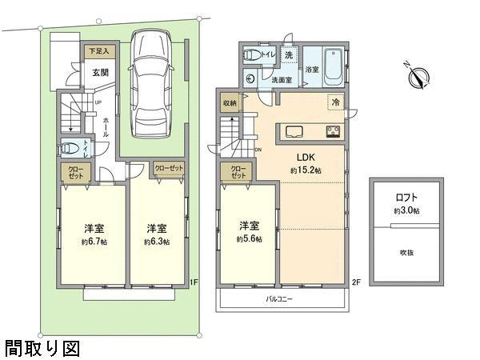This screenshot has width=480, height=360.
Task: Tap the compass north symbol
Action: [418, 77]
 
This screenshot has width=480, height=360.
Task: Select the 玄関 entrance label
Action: [100, 72]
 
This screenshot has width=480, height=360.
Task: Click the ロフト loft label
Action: [406, 197]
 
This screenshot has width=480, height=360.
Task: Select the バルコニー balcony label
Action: [280, 299]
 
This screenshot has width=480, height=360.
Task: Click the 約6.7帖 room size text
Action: [94, 241]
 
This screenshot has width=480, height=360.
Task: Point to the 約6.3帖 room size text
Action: [157, 241]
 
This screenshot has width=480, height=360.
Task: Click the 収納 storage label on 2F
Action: [230, 103]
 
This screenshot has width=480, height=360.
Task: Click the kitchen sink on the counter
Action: [291, 132]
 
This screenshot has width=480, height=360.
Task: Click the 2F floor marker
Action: [357, 281]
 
